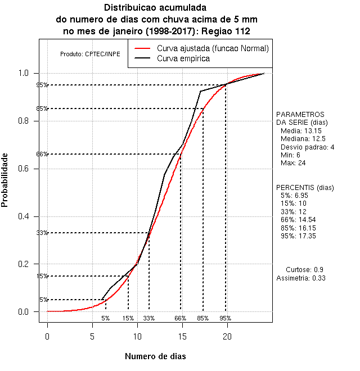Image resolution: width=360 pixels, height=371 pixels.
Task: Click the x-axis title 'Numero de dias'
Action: click(x=155, y=356)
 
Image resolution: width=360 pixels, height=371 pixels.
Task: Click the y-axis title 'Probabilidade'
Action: click(x=5, y=180)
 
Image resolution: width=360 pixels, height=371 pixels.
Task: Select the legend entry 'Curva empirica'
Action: click(x=183, y=58)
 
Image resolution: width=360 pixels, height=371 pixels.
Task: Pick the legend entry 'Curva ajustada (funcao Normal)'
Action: click(x=213, y=48)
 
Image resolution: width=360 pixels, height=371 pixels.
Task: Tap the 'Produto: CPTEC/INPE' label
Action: click(x=90, y=55)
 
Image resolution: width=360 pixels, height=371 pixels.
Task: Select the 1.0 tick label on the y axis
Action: click(x=27, y=73)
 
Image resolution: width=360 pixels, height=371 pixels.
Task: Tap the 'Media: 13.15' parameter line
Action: click(x=300, y=130)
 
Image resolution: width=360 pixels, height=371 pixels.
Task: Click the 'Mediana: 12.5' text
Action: click(x=303, y=138)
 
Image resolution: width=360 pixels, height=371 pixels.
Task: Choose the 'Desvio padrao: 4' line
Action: click(x=307, y=147)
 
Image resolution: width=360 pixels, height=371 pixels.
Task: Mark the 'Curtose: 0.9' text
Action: click(x=304, y=270)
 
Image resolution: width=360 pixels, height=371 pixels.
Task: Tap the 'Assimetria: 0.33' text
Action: click(x=301, y=278)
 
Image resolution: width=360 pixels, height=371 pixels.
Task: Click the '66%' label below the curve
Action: click(x=180, y=318)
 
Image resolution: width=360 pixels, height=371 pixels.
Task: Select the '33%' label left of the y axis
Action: click(x=42, y=233)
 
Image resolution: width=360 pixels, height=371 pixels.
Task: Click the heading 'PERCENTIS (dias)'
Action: click(x=304, y=187)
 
